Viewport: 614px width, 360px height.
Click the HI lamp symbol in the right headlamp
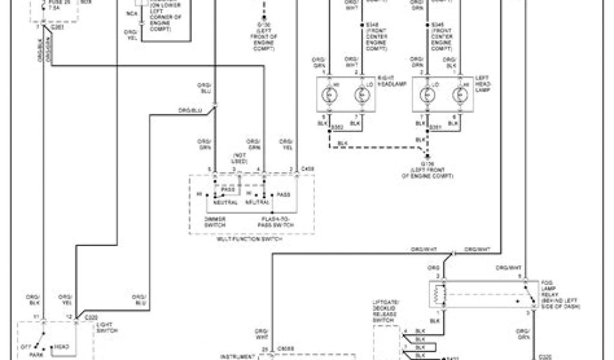(329, 95)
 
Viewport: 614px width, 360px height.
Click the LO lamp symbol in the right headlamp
(361, 95)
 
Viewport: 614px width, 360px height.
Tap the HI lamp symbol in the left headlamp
(460, 95)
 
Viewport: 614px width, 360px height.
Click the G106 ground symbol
(426, 157)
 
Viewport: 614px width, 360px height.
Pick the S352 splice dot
(329, 127)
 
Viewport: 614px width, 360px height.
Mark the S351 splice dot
(428, 127)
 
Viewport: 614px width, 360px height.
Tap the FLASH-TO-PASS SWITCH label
(272, 221)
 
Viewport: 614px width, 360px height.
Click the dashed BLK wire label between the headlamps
(342, 142)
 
